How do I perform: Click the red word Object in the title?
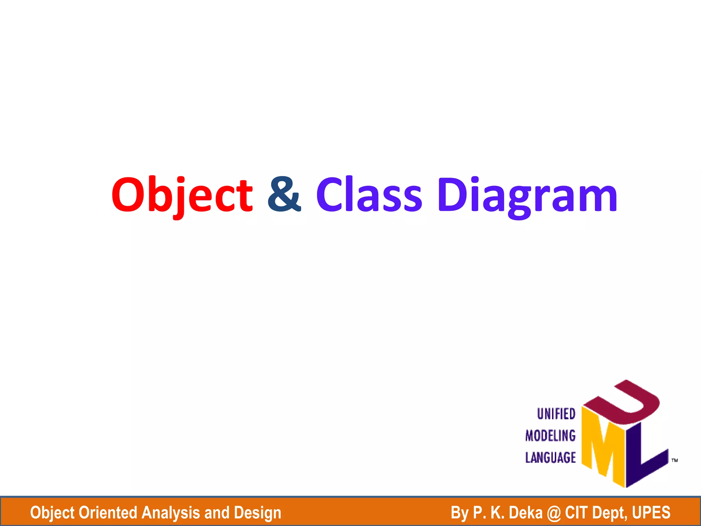[x=182, y=195]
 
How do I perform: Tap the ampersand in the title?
[x=284, y=195]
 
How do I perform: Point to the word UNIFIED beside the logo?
[x=556, y=414]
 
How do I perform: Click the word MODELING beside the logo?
[x=550, y=436]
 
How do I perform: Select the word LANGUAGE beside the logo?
[x=550, y=458]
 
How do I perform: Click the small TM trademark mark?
[x=675, y=460]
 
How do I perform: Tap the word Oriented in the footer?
[x=108, y=513]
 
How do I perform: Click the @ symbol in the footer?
[x=554, y=513]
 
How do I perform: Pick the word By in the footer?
[x=459, y=513]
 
